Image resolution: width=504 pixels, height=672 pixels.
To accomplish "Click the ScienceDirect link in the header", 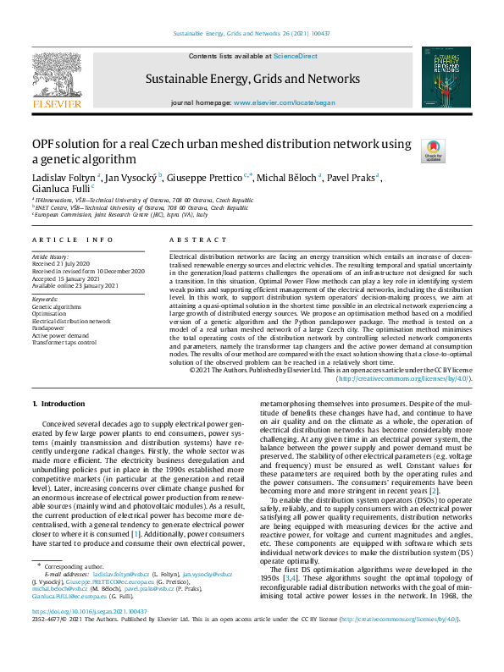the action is [295, 55].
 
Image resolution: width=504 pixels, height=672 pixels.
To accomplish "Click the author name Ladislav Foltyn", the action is [64, 177].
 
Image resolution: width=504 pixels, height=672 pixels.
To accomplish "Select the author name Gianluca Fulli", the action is [58, 190].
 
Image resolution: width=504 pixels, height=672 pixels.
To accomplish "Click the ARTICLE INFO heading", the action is [73, 240].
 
